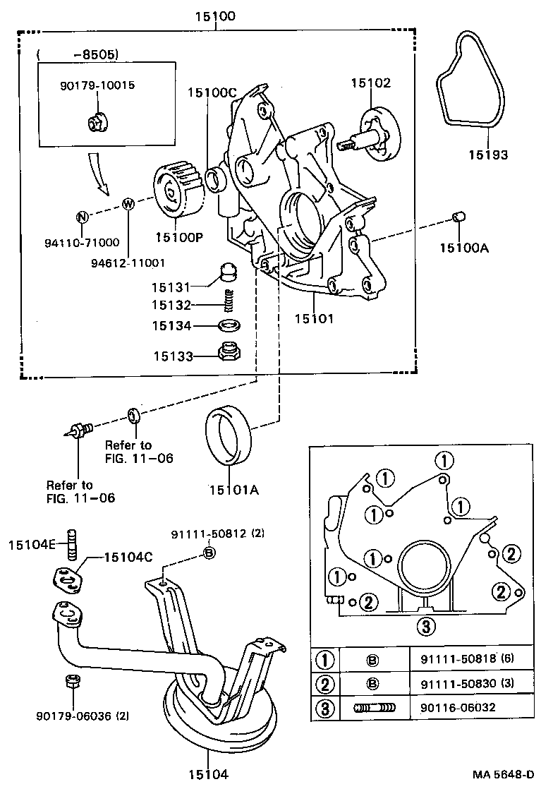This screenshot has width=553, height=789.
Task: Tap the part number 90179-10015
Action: pos(97,85)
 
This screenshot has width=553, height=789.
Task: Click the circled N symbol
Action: pos(82,216)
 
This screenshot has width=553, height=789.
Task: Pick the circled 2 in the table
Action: pos(324,683)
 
